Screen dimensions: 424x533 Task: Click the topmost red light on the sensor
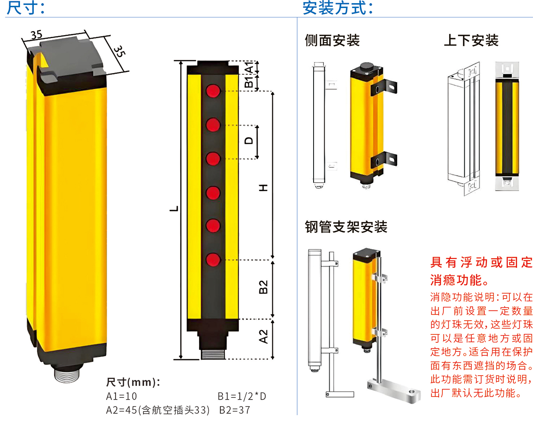(x=214, y=91)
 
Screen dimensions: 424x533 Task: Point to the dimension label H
(x=264, y=188)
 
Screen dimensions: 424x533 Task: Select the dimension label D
(x=250, y=141)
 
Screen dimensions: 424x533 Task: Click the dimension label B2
(x=263, y=287)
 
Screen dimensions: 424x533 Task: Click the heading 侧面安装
(x=332, y=40)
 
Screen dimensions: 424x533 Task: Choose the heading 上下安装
(x=471, y=40)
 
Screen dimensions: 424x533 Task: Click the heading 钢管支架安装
(x=346, y=227)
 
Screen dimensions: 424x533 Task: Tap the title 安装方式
(x=338, y=8)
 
